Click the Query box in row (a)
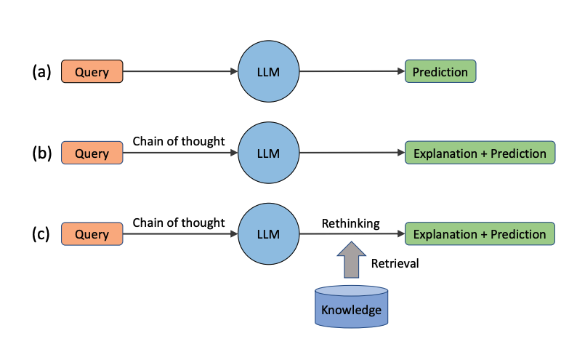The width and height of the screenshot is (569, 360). click(92, 72)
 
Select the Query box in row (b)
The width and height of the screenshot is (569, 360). click(92, 153)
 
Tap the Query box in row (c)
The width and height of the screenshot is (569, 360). click(92, 234)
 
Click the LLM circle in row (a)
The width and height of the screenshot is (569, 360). click(270, 72)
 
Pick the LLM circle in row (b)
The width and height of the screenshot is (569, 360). click(270, 153)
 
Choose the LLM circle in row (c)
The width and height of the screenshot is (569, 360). click(270, 234)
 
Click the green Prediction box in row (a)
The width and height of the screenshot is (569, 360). click(440, 72)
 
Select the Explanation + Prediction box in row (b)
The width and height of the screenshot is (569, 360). click(480, 153)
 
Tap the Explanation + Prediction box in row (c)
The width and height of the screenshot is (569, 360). click(480, 234)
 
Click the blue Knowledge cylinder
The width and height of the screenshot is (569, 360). click(351, 306)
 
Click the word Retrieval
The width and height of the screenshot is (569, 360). click(395, 263)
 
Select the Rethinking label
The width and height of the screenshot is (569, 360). click(351, 223)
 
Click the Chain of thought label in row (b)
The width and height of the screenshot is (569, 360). click(179, 141)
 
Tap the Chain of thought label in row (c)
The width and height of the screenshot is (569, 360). click(179, 223)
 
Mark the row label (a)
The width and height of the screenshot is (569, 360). click(41, 72)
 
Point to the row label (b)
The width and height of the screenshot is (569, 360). click(41, 153)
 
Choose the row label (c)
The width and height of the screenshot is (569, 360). click(41, 234)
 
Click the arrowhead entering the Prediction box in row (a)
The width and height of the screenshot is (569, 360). click(400, 72)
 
